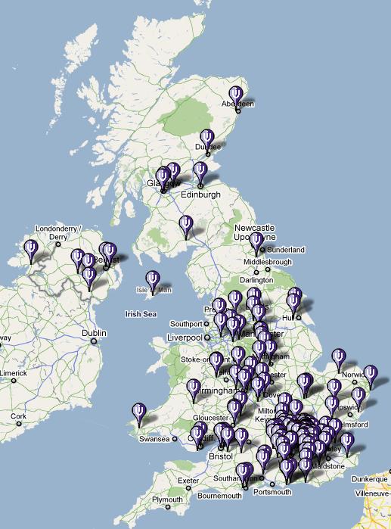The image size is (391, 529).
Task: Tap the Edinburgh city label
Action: coord(200,194)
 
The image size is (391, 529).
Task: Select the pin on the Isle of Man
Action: coord(153,280)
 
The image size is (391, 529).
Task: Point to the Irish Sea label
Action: coord(141,313)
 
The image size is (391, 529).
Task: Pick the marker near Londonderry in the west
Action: coord(31,248)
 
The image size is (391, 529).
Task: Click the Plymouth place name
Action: coord(167,500)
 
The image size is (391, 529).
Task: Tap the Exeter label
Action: coord(188,480)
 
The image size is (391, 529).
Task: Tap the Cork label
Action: coord(18,416)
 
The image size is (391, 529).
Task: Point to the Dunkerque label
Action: coord(369,478)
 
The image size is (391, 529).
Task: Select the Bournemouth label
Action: coord(219,496)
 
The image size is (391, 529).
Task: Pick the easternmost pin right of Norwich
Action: coord(370,375)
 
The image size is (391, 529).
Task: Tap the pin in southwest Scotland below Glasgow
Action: coord(186,225)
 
